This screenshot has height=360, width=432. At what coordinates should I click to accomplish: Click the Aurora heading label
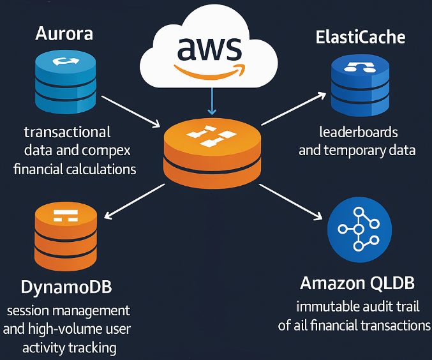click(x=64, y=34)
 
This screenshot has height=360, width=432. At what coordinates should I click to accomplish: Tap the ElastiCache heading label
click(x=360, y=37)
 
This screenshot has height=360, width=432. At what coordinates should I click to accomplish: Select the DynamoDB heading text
click(x=66, y=287)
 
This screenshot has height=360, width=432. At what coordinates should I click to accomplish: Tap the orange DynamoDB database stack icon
click(x=66, y=237)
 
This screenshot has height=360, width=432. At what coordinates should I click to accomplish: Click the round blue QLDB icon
click(x=358, y=229)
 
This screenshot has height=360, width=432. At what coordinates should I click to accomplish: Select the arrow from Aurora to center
click(x=131, y=103)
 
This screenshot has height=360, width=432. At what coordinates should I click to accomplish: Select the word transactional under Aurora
click(x=67, y=133)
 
